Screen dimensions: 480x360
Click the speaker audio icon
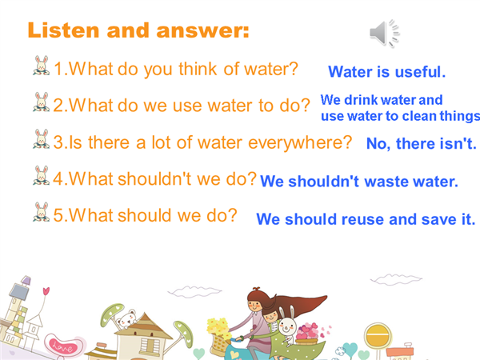click(384, 33)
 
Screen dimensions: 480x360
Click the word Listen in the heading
click(63, 30)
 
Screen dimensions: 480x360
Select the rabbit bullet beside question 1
click(42, 66)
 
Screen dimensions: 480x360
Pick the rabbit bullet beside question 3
click(42, 138)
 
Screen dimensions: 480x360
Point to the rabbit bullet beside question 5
click(42, 211)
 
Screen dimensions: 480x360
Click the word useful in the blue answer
click(420, 72)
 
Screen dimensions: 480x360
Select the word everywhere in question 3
click(300, 143)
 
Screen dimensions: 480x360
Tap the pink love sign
click(62, 346)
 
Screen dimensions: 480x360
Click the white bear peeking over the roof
click(126, 319)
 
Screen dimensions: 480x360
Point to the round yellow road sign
click(378, 336)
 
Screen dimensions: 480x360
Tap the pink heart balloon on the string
click(46, 291)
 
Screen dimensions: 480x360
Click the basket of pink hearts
click(308, 334)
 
